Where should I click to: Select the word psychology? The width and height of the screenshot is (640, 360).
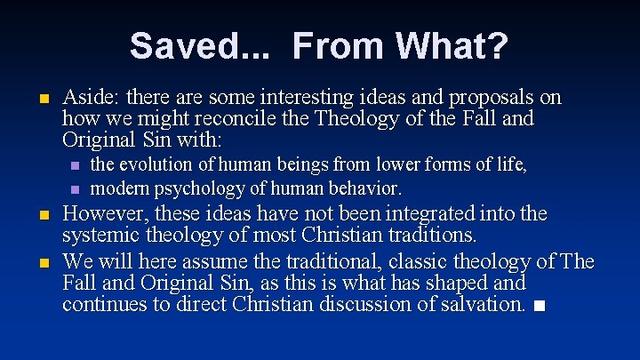pos(199,188)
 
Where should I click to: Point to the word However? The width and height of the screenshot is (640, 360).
pos(100,214)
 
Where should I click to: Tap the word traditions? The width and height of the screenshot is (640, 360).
pos(431,236)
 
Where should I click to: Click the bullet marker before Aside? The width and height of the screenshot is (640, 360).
pos(43,99)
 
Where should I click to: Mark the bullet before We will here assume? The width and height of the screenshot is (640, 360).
pos(43,263)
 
